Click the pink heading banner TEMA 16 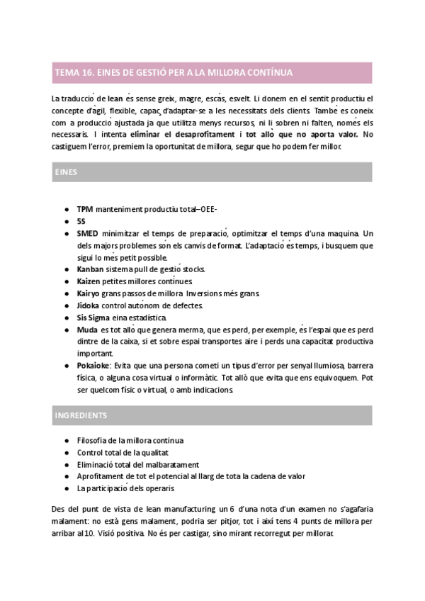point(212,72)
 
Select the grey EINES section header point(212,172)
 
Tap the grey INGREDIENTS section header point(212,415)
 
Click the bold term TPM point(85,210)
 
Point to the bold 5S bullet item point(81,222)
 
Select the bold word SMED point(88,234)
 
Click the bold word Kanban point(90,270)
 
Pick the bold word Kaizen point(89,282)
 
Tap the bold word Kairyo point(89,293)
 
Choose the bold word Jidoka point(89,305)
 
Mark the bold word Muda point(87,330)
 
